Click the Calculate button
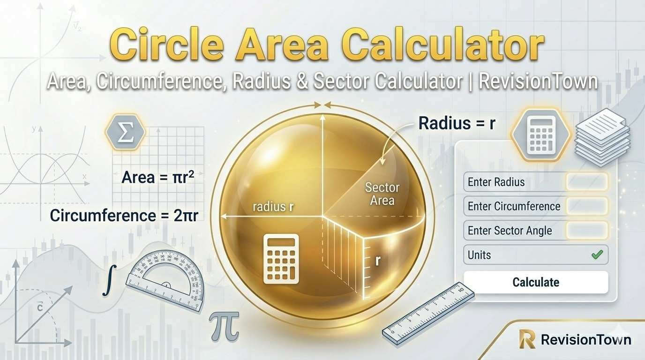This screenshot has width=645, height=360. click(535, 282)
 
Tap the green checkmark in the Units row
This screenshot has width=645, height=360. click(597, 255)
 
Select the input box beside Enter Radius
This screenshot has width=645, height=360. click(587, 182)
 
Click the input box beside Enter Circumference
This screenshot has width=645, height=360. click(587, 206)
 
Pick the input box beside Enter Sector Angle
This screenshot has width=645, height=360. click(587, 231)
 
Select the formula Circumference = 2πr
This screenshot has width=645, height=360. click(124, 216)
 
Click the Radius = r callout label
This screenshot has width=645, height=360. click(457, 124)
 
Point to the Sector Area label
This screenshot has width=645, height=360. click(382, 194)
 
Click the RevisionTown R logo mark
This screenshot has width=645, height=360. click(527, 339)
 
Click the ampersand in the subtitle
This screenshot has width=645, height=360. click(302, 81)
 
